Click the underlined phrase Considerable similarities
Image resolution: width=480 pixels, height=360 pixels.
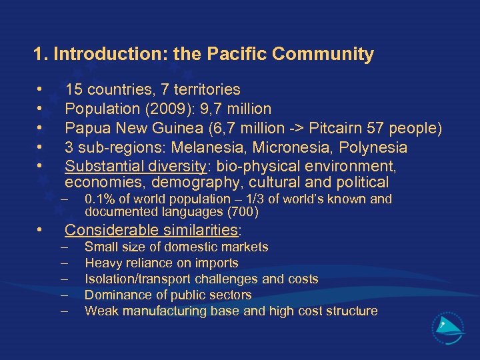point(151,231)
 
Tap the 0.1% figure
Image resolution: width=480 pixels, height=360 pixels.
point(100,199)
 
